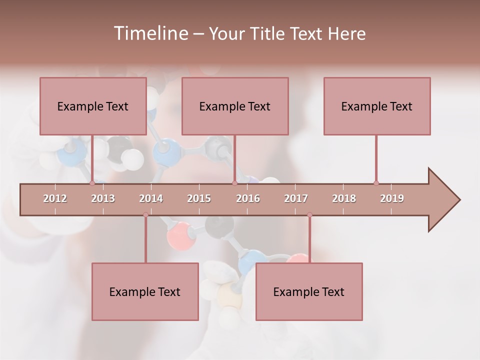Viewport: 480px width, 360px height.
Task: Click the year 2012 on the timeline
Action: pyautogui.click(x=55, y=198)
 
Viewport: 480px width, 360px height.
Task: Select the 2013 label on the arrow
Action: pyautogui.click(x=103, y=198)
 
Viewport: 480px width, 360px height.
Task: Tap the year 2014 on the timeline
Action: pyautogui.click(x=151, y=198)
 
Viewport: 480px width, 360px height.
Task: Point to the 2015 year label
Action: pyautogui.click(x=199, y=198)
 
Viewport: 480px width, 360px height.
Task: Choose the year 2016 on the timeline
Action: pyautogui.click(x=248, y=198)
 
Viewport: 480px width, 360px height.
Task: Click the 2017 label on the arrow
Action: pyautogui.click(x=296, y=198)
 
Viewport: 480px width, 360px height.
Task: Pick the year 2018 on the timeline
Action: pyautogui.click(x=344, y=198)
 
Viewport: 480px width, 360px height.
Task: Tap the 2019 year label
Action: pyautogui.click(x=392, y=198)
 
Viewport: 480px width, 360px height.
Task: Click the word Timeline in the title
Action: pyautogui.click(x=150, y=33)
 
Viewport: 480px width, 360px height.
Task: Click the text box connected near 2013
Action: pyautogui.click(x=93, y=106)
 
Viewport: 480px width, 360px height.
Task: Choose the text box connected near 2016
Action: pyautogui.click(x=235, y=106)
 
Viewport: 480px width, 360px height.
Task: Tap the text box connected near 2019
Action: pyautogui.click(x=377, y=106)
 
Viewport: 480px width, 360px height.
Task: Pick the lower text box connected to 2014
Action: pyautogui.click(x=145, y=291)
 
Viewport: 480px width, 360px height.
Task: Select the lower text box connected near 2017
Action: pyautogui.click(x=309, y=291)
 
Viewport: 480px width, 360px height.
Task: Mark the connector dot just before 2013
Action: pyautogui.click(x=92, y=183)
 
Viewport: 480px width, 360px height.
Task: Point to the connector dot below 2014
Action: pyautogui.click(x=145, y=215)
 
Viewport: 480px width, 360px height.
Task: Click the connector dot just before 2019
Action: pyautogui.click(x=376, y=183)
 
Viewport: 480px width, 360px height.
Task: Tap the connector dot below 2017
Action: pyautogui.click(x=309, y=215)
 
